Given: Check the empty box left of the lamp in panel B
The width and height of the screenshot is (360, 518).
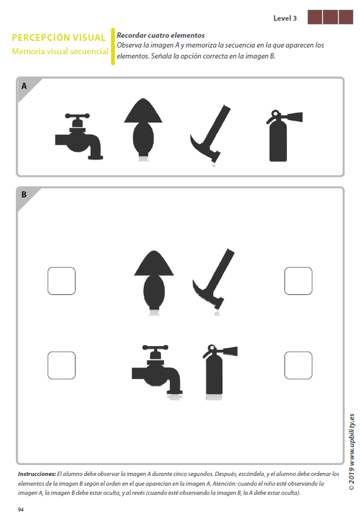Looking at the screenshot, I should [62, 281].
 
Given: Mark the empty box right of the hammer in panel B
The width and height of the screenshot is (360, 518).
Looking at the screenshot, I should [298, 281].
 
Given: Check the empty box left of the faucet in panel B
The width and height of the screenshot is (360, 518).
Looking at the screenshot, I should [62, 366].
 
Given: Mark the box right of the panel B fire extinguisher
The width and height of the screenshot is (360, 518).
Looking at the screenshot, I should [298, 366].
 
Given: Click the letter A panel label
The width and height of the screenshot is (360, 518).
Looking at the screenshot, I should [24, 87].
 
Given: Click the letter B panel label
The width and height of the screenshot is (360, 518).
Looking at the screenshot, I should [24, 195].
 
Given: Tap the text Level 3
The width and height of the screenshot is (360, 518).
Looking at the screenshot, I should [285, 18].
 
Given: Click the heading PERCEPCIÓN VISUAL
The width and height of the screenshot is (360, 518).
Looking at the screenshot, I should [59, 38].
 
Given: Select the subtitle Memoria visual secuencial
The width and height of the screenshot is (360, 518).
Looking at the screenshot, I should [60, 52].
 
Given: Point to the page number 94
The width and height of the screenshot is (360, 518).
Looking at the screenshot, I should [21, 509].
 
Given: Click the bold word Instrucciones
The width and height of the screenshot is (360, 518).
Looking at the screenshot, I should [37, 474].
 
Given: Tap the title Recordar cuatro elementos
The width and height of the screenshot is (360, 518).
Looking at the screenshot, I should [160, 36].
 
